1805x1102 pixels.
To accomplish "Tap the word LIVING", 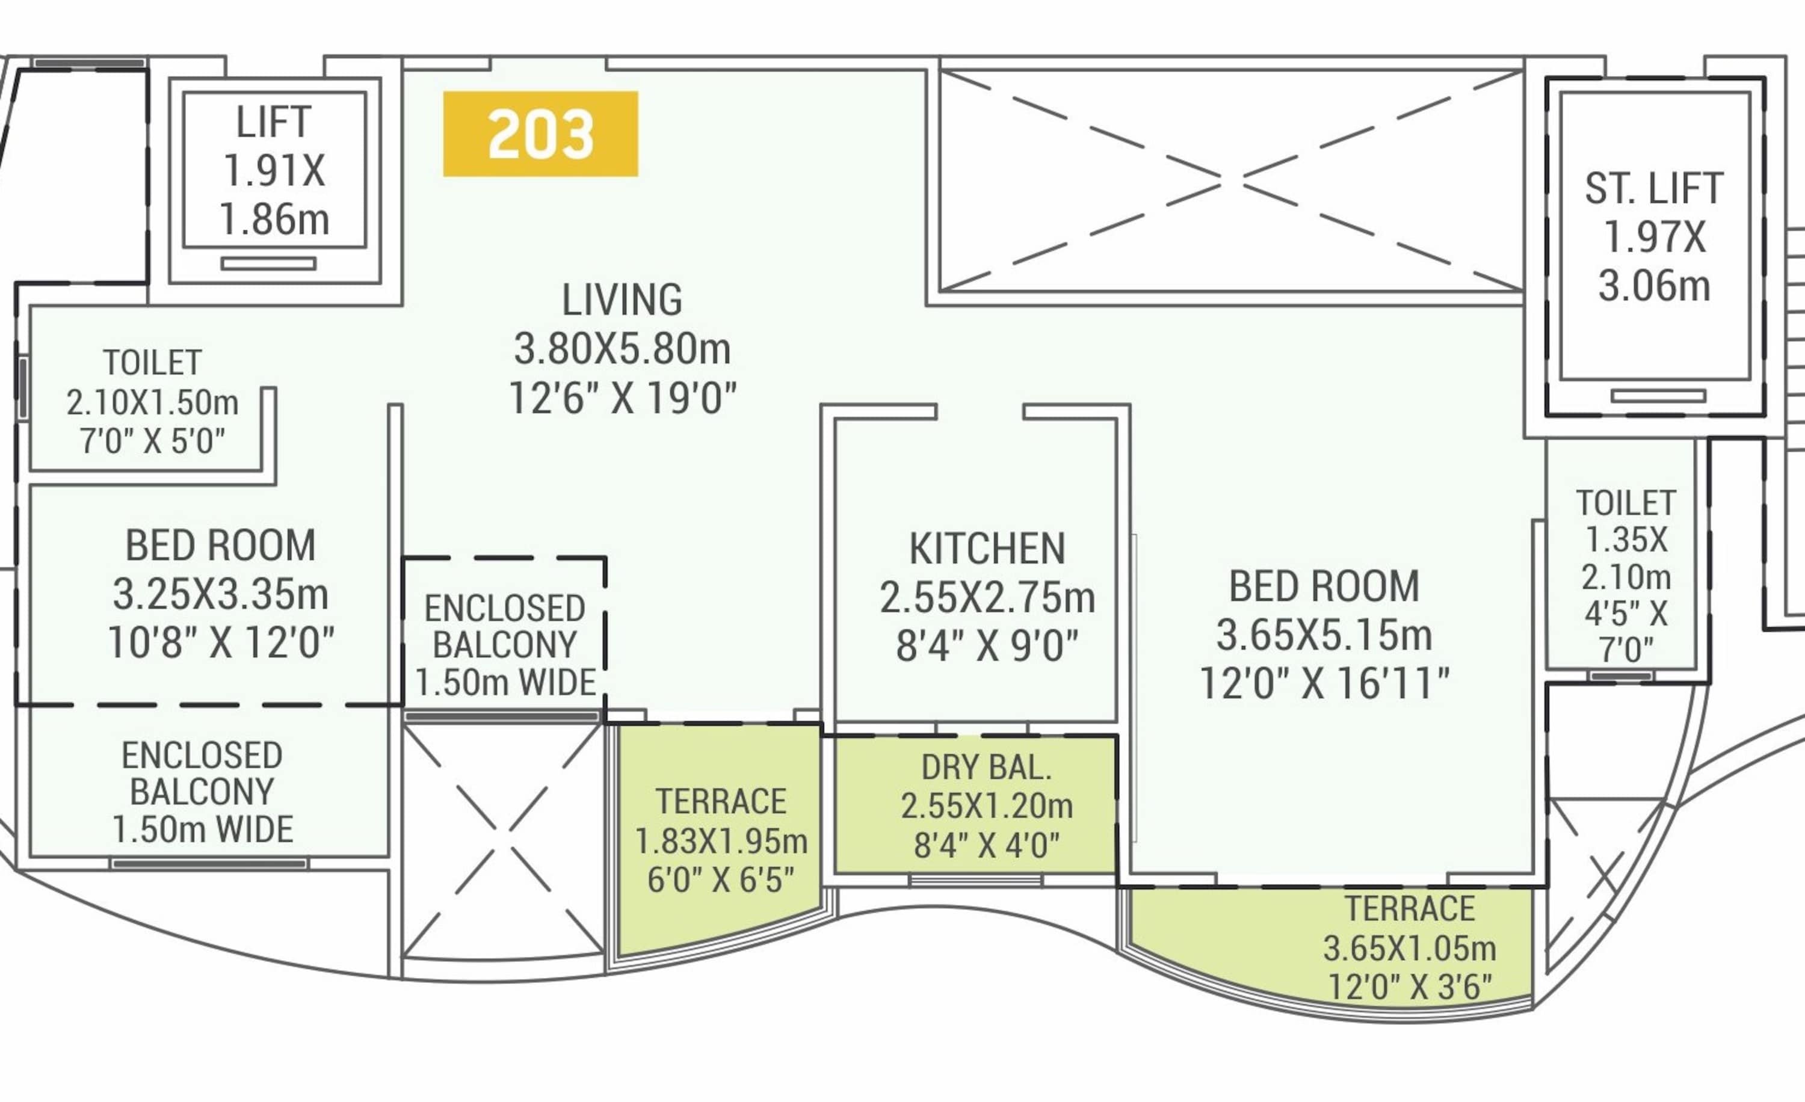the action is pos(622,300).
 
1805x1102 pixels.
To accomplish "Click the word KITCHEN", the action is pos(987,549).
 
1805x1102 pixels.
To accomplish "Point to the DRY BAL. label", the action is pos(987,768).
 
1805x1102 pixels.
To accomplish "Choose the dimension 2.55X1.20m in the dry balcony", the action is pos(987,806).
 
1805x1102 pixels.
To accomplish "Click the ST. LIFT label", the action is pos(1654,189).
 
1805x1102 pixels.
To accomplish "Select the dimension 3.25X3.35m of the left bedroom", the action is pos(220,594).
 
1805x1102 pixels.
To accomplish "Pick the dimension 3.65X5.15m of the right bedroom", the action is pos(1324,635).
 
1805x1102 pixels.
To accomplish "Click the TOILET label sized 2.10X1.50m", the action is pos(152,363).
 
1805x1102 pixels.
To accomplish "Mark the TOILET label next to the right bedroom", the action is pos(1626,503).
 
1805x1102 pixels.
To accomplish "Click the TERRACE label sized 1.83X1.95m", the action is pos(721,802).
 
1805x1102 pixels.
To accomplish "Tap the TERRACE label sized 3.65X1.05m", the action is pos(1410,909).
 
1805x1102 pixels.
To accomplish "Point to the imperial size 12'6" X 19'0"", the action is pos(623,399).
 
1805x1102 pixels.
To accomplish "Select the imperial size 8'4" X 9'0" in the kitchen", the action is pos(987,647).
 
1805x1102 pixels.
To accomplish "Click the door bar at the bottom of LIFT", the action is pos(269,263).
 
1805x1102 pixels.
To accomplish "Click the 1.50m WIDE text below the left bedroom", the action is pos(203,830).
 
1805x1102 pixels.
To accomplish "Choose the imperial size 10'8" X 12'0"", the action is pos(220,643).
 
